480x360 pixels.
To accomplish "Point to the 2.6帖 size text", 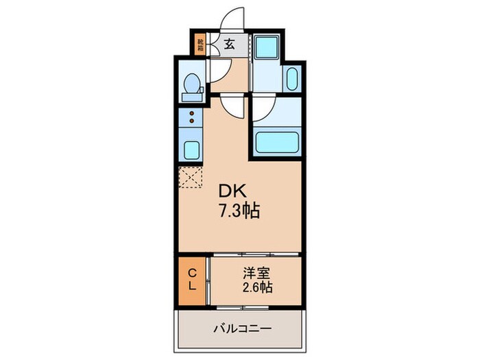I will pyautogui.click(x=256, y=287).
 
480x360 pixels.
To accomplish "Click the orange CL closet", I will pyautogui.click(x=192, y=280).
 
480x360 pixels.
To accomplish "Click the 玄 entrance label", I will pyautogui.click(x=230, y=45).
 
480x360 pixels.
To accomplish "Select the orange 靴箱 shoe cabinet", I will pyautogui.click(x=200, y=45).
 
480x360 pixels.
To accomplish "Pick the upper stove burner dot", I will pyautogui.click(x=192, y=113).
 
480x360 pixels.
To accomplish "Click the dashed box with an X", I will pyautogui.click(x=191, y=177).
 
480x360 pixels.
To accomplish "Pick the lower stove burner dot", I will pyautogui.click(x=192, y=123).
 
